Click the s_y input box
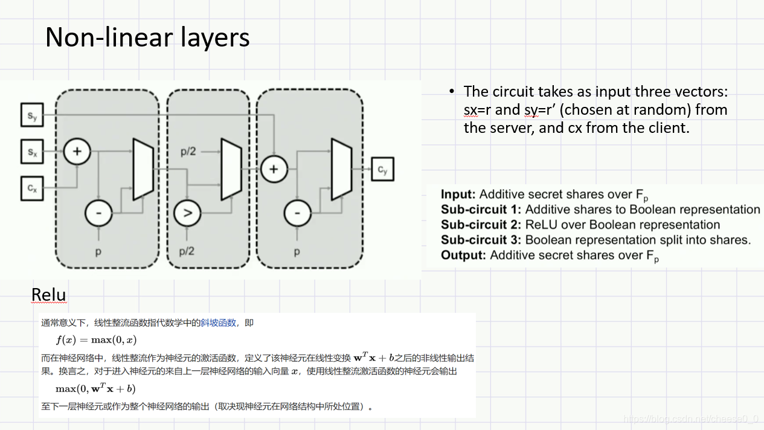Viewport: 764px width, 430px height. [x=31, y=115]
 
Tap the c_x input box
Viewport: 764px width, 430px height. [x=31, y=188]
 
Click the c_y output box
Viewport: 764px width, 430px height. [x=382, y=170]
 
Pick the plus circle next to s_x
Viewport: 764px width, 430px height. [x=77, y=152]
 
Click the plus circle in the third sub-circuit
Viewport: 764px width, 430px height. [x=274, y=169]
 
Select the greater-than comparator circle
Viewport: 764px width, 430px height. [x=187, y=213]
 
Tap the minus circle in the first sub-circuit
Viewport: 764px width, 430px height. [x=98, y=213]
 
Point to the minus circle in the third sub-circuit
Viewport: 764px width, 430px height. [x=297, y=213]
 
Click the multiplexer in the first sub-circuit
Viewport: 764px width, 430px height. [x=143, y=169]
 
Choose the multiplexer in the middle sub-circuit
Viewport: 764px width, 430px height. [x=231, y=169]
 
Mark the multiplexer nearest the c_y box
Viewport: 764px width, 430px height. [x=341, y=169]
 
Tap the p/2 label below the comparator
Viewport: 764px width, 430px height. [x=188, y=251]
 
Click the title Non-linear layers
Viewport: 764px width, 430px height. [x=147, y=37]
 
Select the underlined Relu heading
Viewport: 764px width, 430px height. [x=48, y=295]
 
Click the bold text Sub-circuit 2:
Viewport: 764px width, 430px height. [x=481, y=225]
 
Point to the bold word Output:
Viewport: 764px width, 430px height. [x=463, y=255]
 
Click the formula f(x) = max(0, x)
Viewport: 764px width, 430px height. [x=97, y=340]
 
